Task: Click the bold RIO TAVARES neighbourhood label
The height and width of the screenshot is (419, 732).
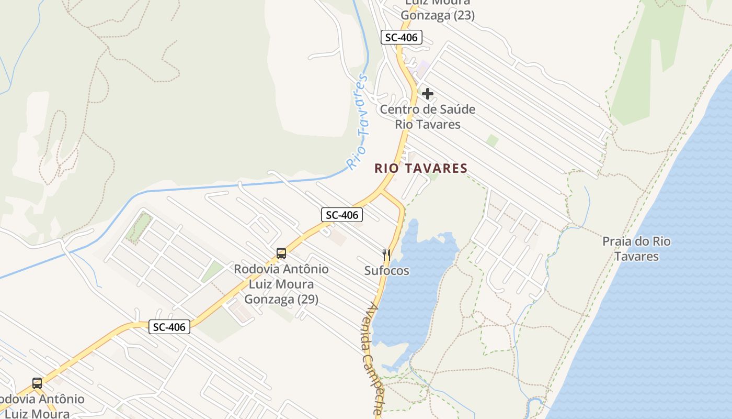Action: (420, 168)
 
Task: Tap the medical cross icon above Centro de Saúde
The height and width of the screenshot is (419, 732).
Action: (428, 94)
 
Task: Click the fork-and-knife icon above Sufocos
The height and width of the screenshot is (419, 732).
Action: (386, 255)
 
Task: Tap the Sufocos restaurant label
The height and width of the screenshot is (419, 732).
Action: (386, 271)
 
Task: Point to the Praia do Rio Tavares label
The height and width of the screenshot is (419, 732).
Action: (636, 249)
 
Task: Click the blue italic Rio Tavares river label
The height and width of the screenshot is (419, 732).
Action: (359, 122)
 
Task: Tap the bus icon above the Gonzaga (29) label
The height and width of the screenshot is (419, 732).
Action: (281, 254)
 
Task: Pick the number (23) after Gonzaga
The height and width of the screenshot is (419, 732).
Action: (464, 16)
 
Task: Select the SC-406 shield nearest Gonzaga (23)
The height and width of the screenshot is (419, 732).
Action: (401, 37)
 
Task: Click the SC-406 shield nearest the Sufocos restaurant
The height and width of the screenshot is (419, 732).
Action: (341, 215)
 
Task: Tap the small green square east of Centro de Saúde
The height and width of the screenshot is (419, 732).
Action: (492, 140)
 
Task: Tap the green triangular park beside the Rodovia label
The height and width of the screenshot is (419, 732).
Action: (212, 271)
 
